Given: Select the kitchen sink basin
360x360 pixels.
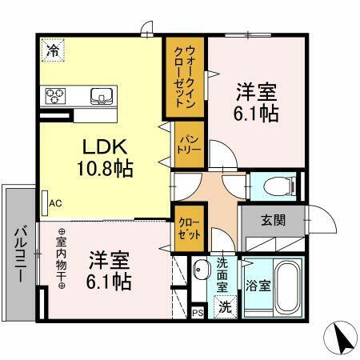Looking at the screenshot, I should click(x=101, y=96).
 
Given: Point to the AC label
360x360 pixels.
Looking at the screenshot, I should click(x=55, y=203).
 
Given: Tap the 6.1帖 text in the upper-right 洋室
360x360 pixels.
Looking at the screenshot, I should click(x=257, y=114).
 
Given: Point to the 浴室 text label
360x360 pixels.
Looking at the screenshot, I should click(x=256, y=284).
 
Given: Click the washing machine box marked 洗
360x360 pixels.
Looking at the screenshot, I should click(x=226, y=307).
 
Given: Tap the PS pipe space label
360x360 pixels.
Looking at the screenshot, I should click(x=198, y=313).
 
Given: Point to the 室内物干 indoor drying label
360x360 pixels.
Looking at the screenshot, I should click(x=61, y=260).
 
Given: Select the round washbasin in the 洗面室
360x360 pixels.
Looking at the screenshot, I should click(x=201, y=269).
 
